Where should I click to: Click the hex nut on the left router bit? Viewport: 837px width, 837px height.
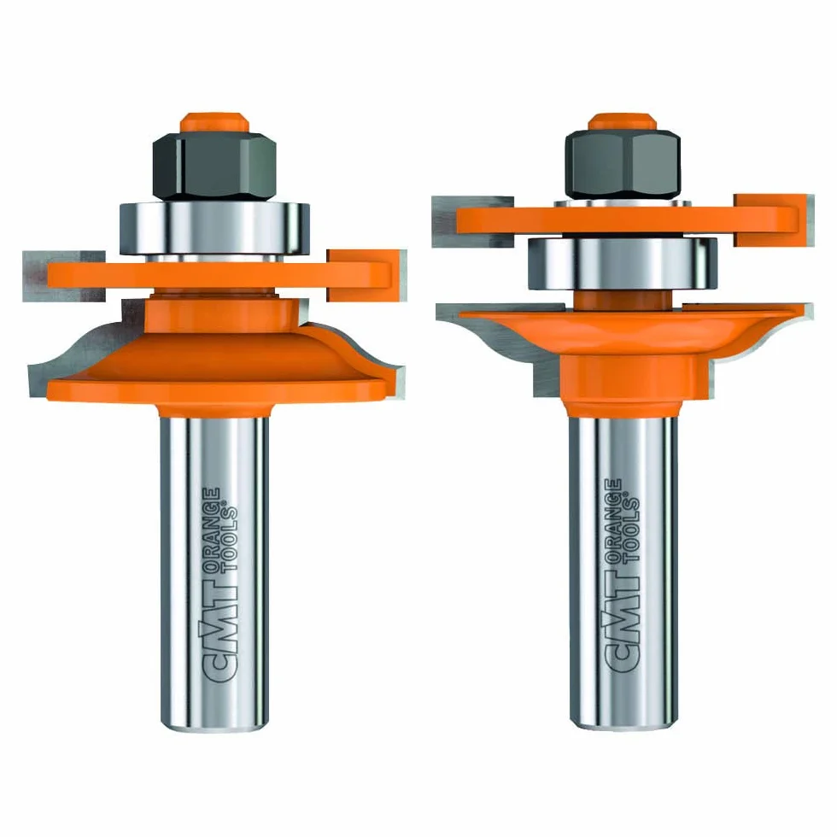pyautogui.click(x=214, y=166)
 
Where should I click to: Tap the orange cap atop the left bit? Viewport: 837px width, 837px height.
pyautogui.click(x=214, y=122)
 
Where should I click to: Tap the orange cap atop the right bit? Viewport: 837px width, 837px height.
pyautogui.click(x=623, y=121)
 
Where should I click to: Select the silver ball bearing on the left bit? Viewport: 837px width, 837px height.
pyautogui.click(x=214, y=229)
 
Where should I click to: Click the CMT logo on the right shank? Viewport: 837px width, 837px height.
pyautogui.click(x=622, y=626)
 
